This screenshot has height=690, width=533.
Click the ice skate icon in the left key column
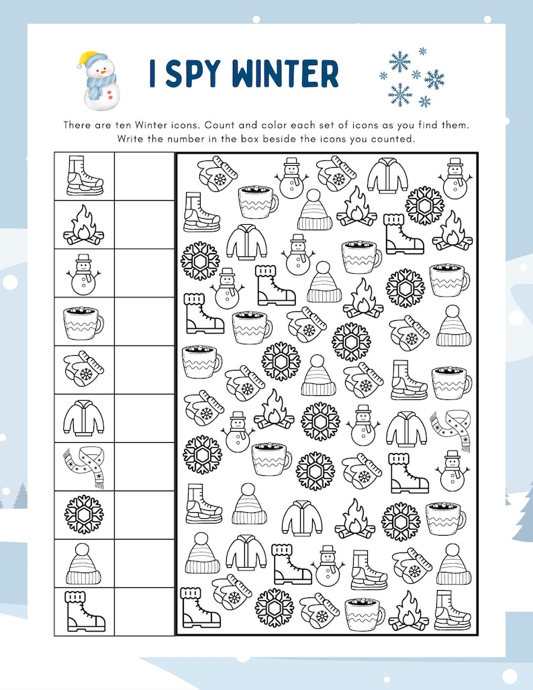84,176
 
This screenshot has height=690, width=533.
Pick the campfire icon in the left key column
84,225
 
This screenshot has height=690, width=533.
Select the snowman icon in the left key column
84,273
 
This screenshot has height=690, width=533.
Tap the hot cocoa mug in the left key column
84,322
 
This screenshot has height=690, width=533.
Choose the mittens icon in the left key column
84,370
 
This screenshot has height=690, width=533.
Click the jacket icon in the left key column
84,418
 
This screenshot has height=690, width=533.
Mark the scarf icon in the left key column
84,466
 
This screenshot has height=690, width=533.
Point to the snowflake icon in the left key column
84,515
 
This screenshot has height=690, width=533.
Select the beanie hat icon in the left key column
84,564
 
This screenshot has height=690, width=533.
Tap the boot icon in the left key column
84,611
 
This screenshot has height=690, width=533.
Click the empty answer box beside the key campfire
144,225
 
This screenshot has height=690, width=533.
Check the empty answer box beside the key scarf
144,466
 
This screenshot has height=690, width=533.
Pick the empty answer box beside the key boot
144,611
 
